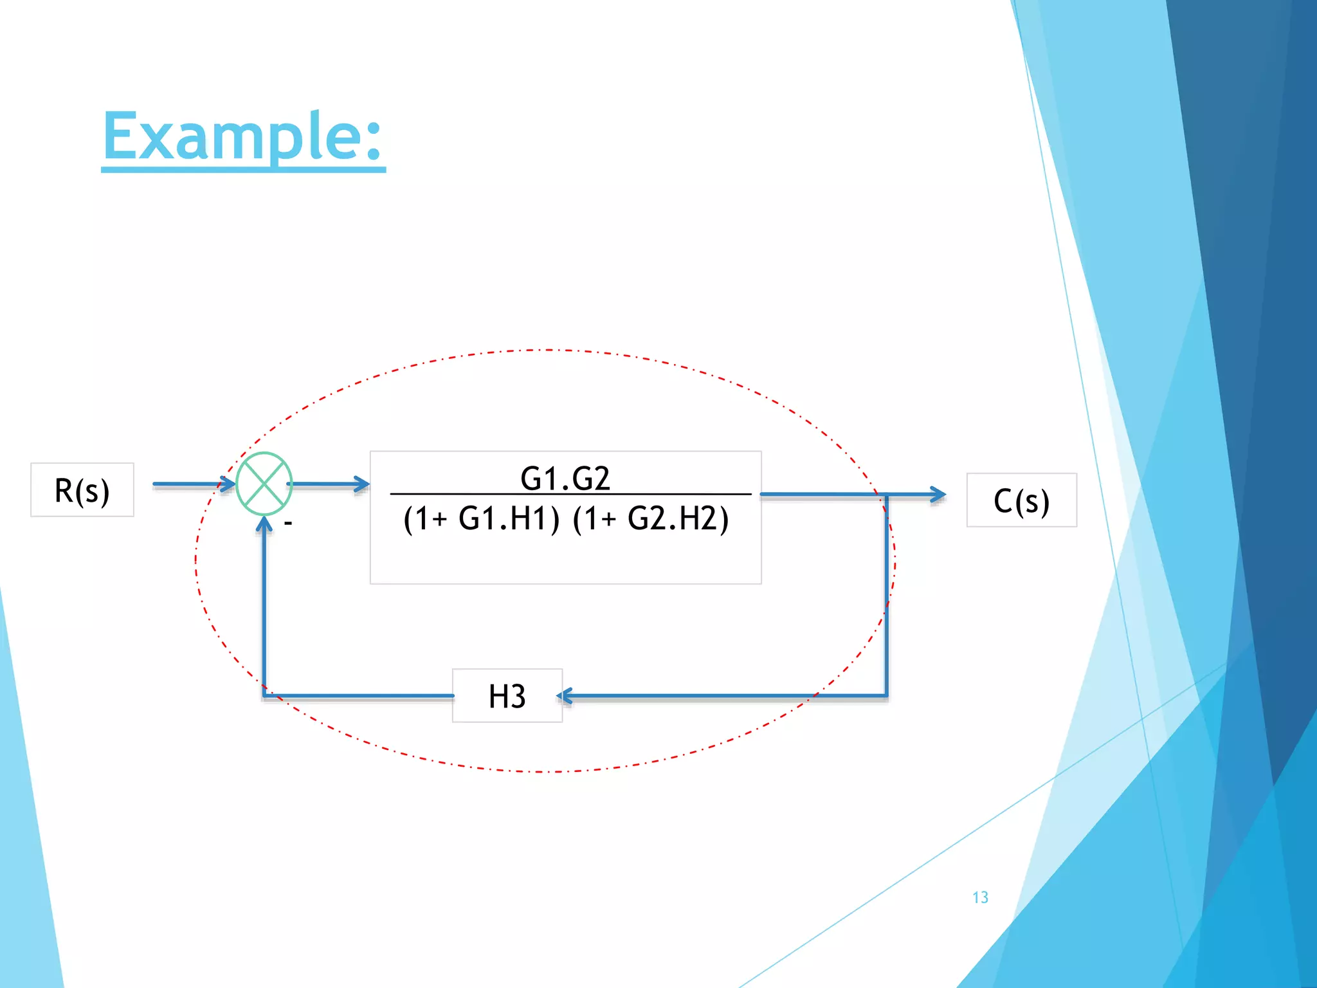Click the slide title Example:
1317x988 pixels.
pyautogui.click(x=243, y=136)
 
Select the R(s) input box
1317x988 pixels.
pyautogui.click(x=82, y=490)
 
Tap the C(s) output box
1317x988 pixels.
pyautogui.click(x=1021, y=500)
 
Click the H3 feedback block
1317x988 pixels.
pyautogui.click(x=507, y=696)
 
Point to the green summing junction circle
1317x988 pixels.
pyautogui.click(x=264, y=484)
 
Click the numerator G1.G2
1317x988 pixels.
pyautogui.click(x=565, y=478)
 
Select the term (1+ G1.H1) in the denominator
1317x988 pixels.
pyautogui.click(x=482, y=518)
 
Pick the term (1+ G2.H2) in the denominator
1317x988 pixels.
pyautogui.click(x=651, y=518)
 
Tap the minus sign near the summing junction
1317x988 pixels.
pyautogui.click(x=288, y=524)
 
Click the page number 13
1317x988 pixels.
pyautogui.click(x=980, y=897)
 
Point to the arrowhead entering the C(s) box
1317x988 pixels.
pyautogui.click(x=939, y=495)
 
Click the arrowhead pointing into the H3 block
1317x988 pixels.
pyautogui.click(x=565, y=696)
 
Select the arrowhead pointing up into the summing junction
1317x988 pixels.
pyautogui.click(x=264, y=524)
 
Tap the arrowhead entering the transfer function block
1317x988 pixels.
pyautogui.click(x=362, y=484)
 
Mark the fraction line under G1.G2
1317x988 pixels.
pyautogui.click(x=570, y=495)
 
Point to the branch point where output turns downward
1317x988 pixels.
pyautogui.click(x=887, y=495)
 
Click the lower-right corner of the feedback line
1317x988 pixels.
pyautogui.click(x=887, y=695)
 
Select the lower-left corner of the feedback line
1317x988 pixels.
pyautogui.click(x=264, y=695)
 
